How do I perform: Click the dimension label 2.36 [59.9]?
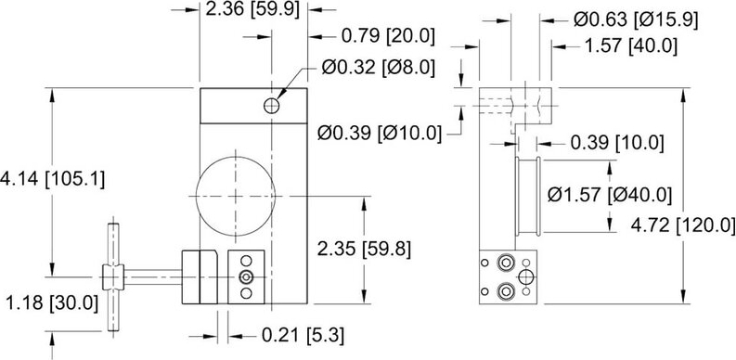click(x=252, y=9)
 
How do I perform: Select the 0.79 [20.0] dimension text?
click(x=388, y=36)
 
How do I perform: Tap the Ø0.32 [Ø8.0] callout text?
click(x=379, y=68)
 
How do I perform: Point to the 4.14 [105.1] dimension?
click(x=53, y=179)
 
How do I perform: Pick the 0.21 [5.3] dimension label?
click(x=303, y=336)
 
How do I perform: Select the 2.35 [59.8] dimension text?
click(x=364, y=250)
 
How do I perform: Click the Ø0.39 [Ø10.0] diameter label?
click(x=380, y=134)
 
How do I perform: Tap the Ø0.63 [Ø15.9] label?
click(x=636, y=19)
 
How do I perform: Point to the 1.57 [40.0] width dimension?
click(x=630, y=46)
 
